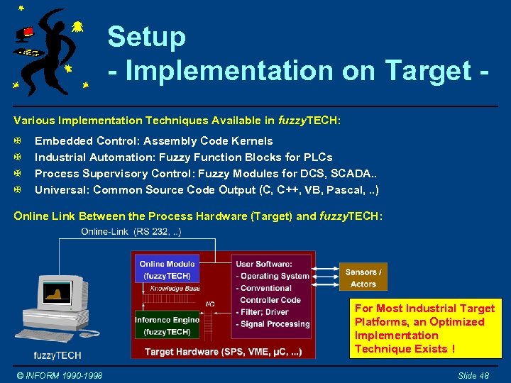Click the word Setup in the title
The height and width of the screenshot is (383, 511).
[x=147, y=37]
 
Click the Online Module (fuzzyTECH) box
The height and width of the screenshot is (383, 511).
[x=167, y=270]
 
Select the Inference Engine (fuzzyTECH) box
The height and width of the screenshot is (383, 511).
[x=167, y=326]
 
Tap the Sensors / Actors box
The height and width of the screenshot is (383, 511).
[x=363, y=278]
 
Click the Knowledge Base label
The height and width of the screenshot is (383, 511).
[x=175, y=289]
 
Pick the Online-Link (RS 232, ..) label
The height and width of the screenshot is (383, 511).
[x=132, y=232]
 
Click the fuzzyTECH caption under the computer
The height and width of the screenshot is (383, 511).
[x=57, y=355]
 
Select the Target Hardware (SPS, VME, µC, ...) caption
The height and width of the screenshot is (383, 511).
[x=224, y=351]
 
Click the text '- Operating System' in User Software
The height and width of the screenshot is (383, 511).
[x=273, y=277]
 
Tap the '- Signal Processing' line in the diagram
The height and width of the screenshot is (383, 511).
[x=273, y=324]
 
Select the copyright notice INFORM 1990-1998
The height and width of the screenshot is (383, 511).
[x=60, y=374]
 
